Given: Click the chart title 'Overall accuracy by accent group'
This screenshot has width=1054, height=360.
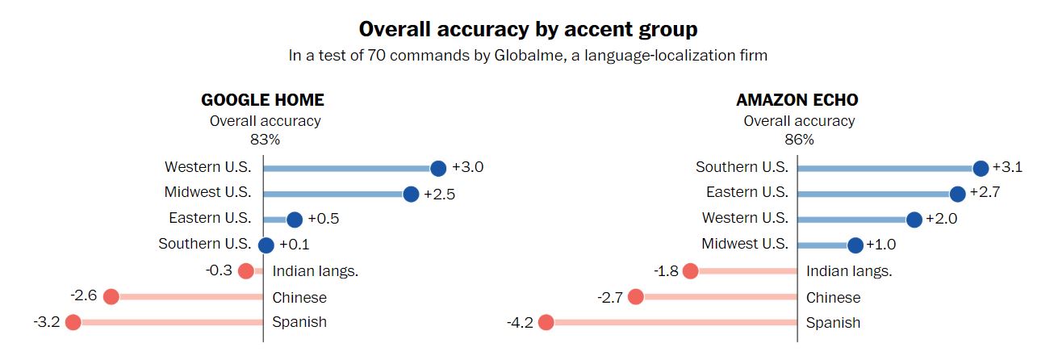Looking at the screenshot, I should click(x=528, y=30).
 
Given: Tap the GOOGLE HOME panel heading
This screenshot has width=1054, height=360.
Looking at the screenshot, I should click(x=262, y=100).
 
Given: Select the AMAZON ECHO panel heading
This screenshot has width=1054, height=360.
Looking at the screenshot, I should click(x=797, y=100).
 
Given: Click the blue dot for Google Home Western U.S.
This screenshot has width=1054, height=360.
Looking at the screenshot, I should click(x=438, y=168).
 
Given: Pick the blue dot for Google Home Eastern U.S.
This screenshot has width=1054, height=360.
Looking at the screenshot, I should click(x=294, y=220).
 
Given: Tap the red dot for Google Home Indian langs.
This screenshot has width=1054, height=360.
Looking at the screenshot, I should click(x=246, y=271).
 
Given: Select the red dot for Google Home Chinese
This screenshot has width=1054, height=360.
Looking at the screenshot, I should click(x=111, y=297).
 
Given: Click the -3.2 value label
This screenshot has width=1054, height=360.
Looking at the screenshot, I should click(x=46, y=323).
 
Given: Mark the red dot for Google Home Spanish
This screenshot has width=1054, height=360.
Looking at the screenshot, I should click(x=73, y=323).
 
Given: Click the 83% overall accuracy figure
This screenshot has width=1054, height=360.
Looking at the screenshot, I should click(x=265, y=139).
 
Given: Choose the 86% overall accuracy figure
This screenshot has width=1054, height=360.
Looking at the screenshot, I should click(x=799, y=139).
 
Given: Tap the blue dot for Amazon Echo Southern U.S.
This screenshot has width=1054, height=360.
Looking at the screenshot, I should click(x=981, y=168).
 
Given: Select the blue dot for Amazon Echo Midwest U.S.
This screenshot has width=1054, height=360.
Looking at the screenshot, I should click(x=855, y=245).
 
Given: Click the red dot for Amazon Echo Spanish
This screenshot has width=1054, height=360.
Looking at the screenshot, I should click(x=546, y=323).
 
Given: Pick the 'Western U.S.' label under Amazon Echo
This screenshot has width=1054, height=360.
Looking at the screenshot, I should click(x=745, y=219).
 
